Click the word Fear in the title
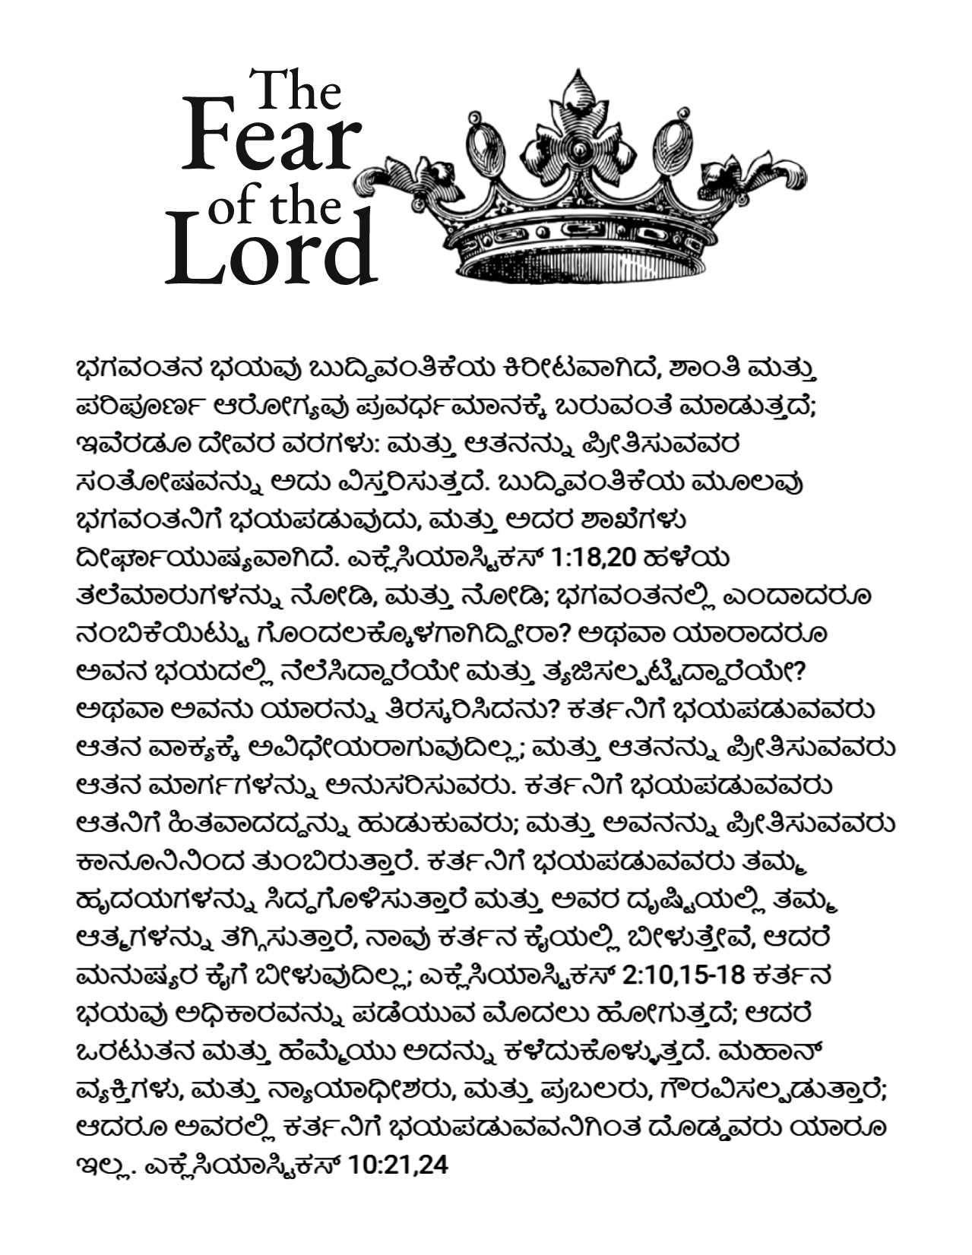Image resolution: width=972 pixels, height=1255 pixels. [x=270, y=142]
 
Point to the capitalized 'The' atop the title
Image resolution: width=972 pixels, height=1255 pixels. [x=297, y=90]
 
